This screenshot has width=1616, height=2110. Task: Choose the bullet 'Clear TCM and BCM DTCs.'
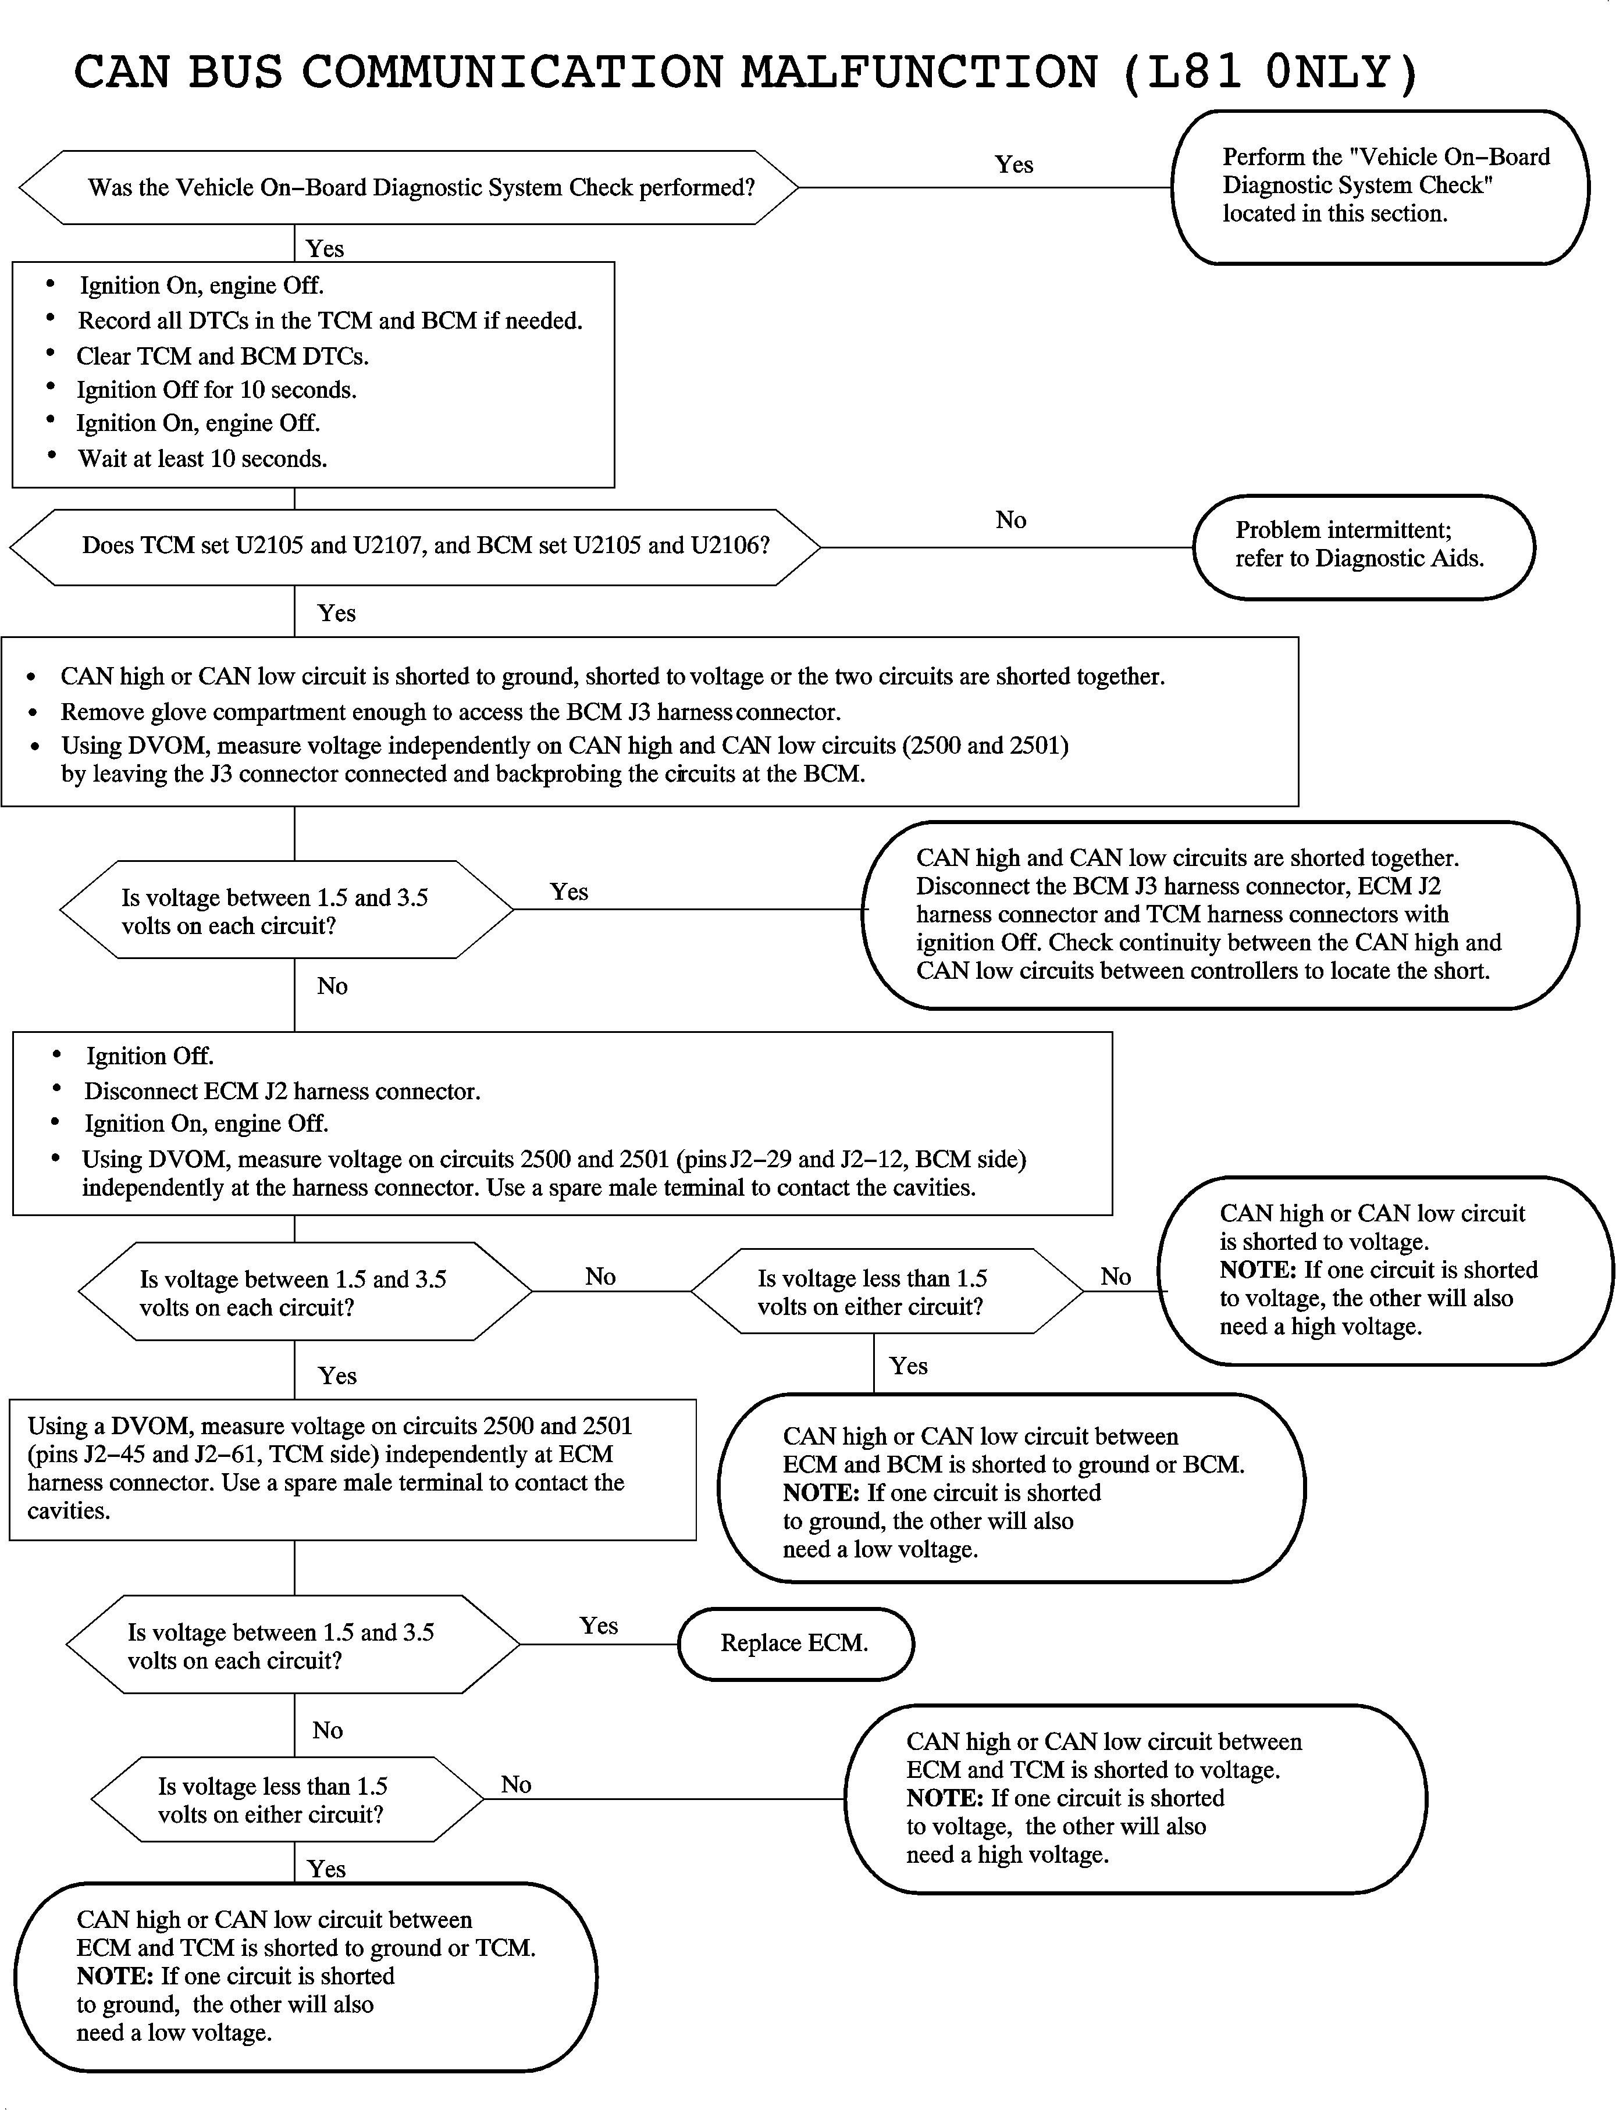click(x=222, y=356)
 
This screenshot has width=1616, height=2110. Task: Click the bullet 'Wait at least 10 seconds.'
click(x=202, y=459)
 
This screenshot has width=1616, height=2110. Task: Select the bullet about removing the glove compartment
click(x=450, y=712)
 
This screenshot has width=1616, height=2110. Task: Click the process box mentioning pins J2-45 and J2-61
click(x=352, y=1469)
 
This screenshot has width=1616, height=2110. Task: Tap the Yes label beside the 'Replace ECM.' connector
click(x=599, y=1626)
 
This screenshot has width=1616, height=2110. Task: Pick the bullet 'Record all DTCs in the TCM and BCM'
click(x=330, y=320)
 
